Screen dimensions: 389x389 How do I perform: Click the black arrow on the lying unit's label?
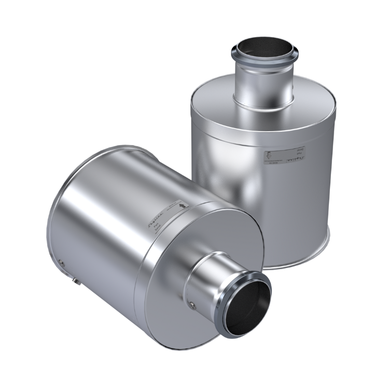click(182, 205)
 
